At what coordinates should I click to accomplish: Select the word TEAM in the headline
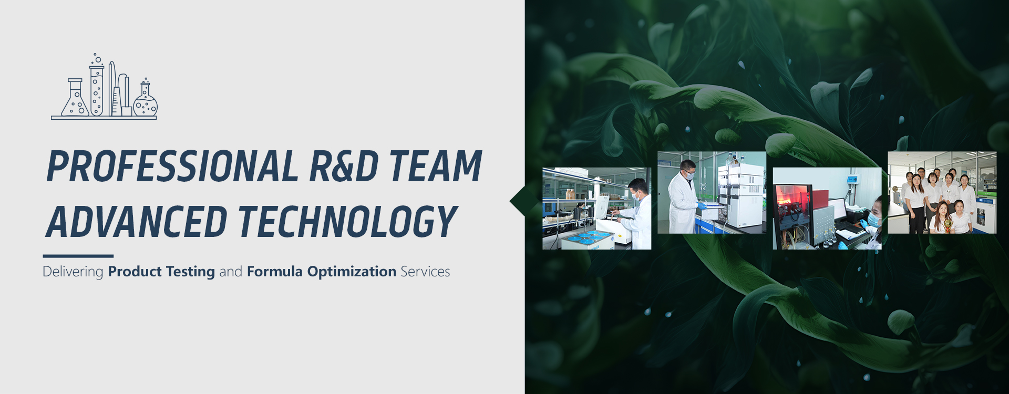436,167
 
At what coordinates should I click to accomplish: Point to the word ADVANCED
136,222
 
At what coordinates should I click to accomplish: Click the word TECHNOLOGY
348,222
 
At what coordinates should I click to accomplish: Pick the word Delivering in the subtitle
73,272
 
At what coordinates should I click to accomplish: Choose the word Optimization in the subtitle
352,272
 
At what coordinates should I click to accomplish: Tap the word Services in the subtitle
425,272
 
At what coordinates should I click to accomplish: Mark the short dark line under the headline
78,256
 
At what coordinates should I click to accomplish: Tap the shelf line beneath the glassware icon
104,118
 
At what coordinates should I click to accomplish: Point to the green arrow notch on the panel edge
518,201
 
